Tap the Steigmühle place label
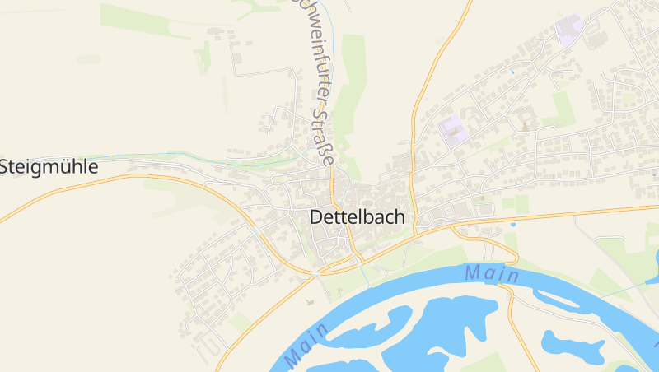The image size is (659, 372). pyautogui.click(x=49, y=167)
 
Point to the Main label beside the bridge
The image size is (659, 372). pyautogui.click(x=491, y=272)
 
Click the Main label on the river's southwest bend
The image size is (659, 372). pyautogui.click(x=305, y=346)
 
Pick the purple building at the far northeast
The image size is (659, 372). pyautogui.click(x=568, y=30)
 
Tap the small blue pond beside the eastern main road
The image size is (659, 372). pyautogui.click(x=513, y=224)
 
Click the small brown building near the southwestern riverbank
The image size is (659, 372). pyautogui.click(x=310, y=302)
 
